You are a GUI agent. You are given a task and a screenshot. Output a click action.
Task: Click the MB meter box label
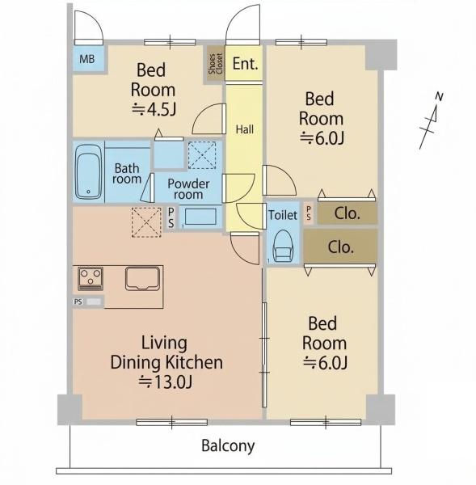[x=87, y=59]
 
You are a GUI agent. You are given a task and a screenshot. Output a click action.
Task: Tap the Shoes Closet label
[x=215, y=64]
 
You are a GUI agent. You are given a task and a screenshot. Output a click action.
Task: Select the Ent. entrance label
[x=245, y=64]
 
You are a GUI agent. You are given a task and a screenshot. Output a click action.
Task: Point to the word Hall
[x=245, y=129]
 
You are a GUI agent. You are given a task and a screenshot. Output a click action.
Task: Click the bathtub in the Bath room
[x=88, y=171]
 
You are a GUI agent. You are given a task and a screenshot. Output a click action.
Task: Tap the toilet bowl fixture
[x=283, y=246]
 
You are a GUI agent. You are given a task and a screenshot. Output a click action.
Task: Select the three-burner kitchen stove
[x=91, y=278]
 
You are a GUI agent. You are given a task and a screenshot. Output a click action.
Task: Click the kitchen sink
[x=142, y=278]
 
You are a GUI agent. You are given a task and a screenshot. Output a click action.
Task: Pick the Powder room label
[x=188, y=189]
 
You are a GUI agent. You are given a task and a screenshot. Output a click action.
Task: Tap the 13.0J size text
[x=166, y=382]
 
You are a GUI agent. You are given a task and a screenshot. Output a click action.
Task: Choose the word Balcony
[x=228, y=446]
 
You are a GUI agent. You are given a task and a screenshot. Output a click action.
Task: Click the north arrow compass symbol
[x=432, y=121]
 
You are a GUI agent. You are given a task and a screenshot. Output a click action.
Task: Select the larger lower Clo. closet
[x=340, y=247]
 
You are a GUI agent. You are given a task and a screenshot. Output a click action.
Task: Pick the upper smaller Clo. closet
[x=347, y=213]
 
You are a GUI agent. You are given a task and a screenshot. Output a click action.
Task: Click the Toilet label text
[x=283, y=215]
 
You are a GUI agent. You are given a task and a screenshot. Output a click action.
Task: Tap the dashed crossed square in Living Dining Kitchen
[x=146, y=222]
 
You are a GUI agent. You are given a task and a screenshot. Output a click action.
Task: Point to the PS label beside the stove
[x=78, y=302]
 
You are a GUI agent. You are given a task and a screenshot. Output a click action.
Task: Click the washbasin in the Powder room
[x=200, y=217]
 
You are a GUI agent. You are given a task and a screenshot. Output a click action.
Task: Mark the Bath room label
[x=127, y=174]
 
